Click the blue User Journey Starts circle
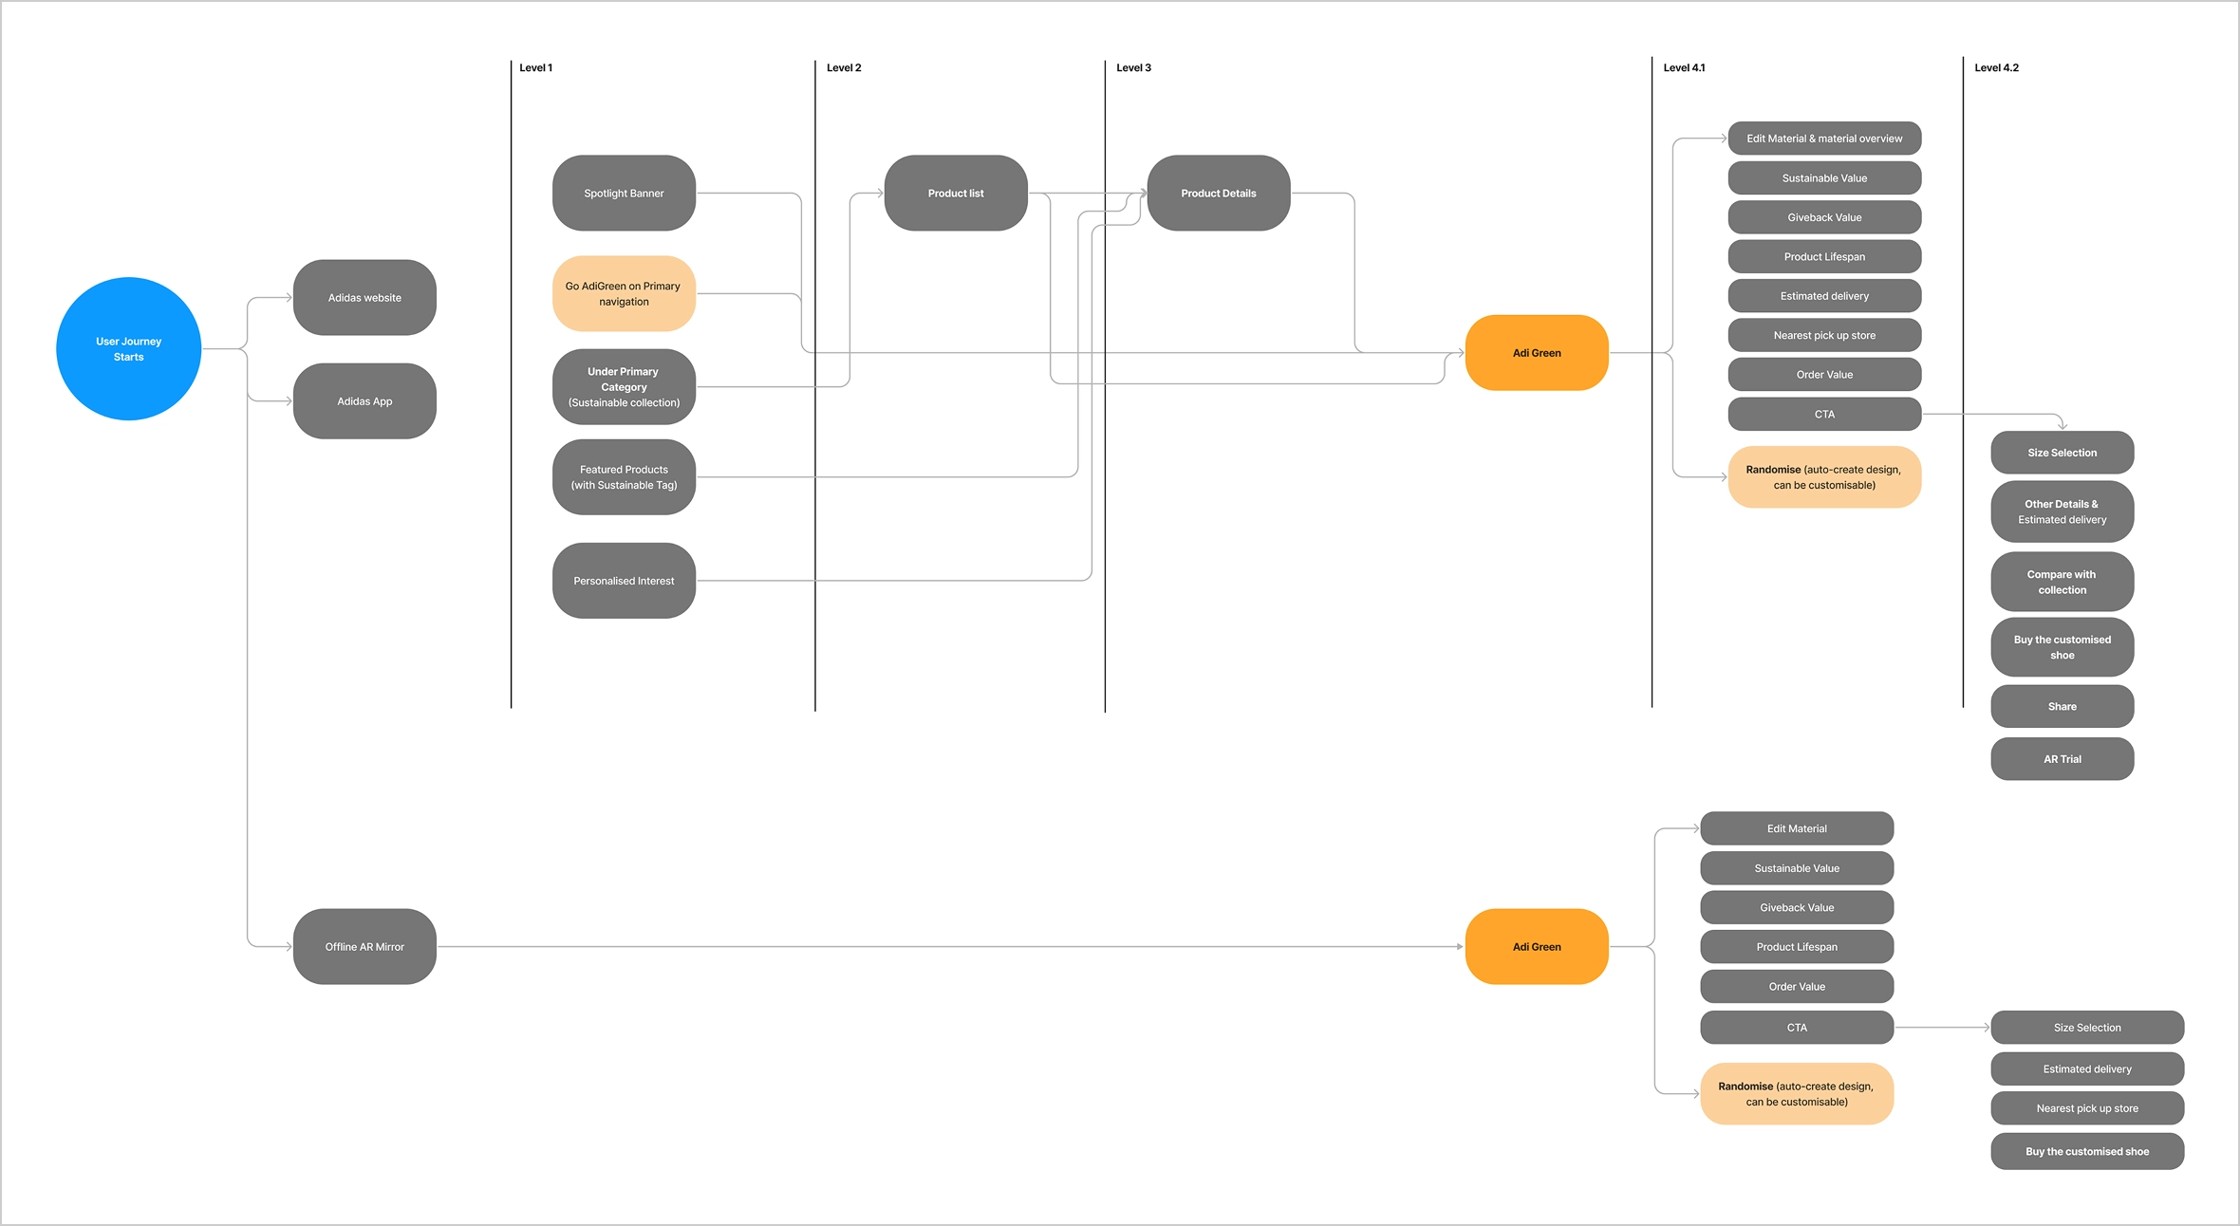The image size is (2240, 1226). coord(128,348)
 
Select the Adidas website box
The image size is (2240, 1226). coord(364,297)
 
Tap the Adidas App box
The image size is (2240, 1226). coord(364,400)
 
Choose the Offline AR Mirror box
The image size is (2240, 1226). coord(364,946)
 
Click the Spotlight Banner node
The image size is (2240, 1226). coord(624,193)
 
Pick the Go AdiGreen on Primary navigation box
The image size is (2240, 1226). coord(624,293)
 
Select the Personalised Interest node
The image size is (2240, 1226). coord(624,580)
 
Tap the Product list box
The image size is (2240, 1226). coord(956,193)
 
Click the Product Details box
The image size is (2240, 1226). coord(1218,193)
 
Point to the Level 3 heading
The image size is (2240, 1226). coord(1133,67)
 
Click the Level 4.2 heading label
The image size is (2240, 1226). coord(1996,67)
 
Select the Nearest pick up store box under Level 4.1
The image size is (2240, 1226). coord(1824,335)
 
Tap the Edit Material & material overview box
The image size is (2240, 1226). coord(1824,138)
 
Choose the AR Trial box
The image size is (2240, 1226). coord(2062,758)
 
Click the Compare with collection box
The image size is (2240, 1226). coord(2062,582)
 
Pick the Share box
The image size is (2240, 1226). coord(2062,706)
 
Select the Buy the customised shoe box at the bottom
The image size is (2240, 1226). coord(2087,1151)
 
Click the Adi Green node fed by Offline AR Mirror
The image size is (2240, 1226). coord(1537,946)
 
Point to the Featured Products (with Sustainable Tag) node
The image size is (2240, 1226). coord(624,476)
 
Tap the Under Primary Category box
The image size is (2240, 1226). coord(624,386)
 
